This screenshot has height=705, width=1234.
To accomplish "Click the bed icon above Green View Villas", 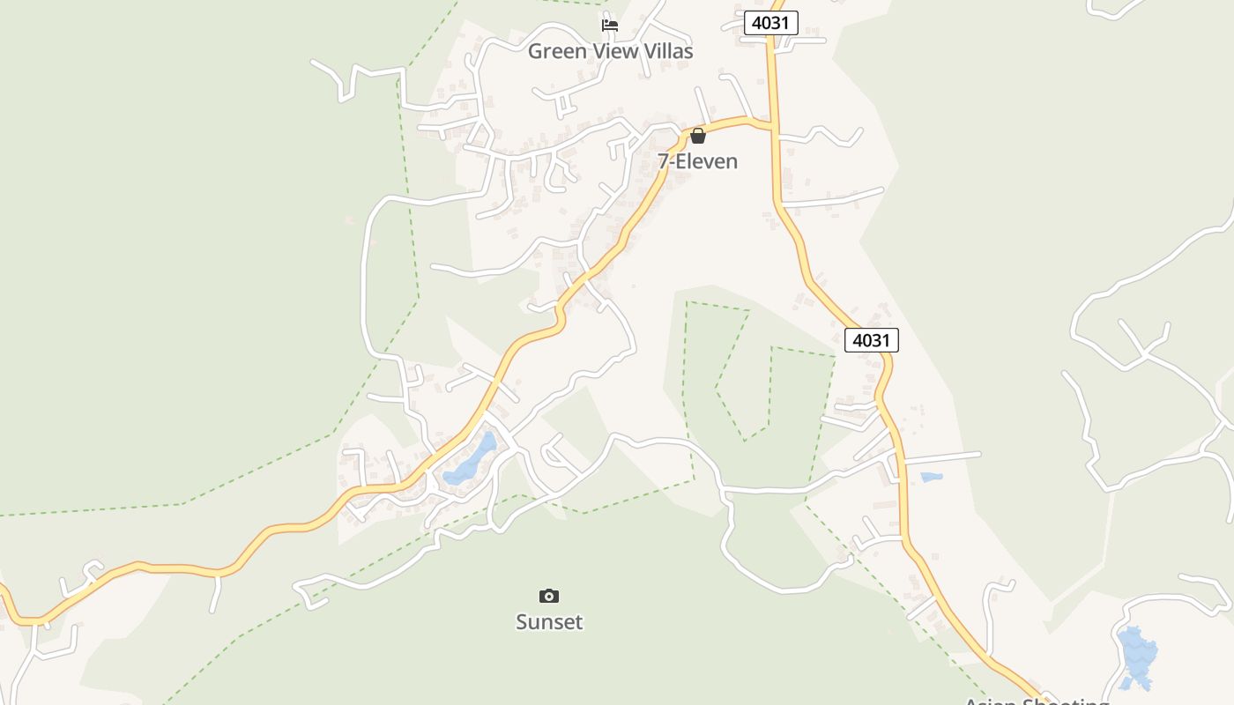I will point(610,26).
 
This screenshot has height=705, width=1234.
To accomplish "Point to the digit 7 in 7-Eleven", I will point(663,161).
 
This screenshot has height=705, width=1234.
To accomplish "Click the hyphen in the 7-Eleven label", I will point(673,162).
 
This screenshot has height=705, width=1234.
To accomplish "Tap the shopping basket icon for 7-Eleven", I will point(698,136).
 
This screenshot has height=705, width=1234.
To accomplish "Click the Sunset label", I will point(549,622).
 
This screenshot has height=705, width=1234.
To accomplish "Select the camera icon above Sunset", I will point(549,597).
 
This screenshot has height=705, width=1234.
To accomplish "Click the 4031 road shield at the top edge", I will point(770,23).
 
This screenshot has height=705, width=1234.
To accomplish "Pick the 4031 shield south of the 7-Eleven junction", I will point(872,340).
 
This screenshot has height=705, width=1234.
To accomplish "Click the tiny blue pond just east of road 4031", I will point(931,477).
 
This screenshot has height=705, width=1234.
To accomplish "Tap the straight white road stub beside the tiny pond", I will point(943,457).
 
